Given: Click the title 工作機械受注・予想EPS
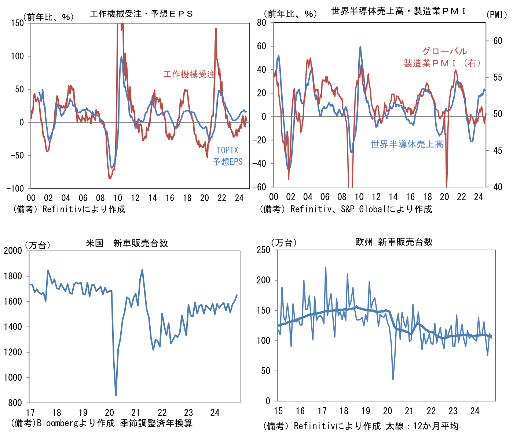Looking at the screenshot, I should point(142,14).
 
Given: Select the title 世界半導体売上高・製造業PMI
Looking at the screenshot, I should point(398,11).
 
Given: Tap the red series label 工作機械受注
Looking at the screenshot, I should point(189,74).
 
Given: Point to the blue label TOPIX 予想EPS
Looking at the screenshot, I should point(228,156).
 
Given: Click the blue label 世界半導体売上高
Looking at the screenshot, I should point(407,144).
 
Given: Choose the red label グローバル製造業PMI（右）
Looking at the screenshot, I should point(442,57).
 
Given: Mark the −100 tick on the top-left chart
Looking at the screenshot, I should point(15,189).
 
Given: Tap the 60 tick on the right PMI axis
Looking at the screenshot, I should point(497,41).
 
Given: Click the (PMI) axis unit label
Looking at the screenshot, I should point(497,15).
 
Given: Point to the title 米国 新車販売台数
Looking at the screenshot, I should point(127,243).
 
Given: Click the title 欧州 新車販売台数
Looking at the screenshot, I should point(394,242).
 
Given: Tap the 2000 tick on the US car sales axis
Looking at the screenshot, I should point(13,251).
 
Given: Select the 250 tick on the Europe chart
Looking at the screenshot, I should point(263,250).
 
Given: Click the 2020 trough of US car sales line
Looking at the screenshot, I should point(116,395).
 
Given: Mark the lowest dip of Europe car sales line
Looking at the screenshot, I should point(393,379).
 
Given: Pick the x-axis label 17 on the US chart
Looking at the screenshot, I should point(30,412).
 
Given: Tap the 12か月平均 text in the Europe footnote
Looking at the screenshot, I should point(436,426).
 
